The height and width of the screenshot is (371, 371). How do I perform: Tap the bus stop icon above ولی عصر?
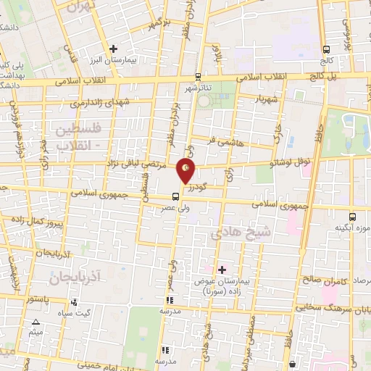177,196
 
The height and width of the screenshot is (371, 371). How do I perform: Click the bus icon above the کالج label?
327,49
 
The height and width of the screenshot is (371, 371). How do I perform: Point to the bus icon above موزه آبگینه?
352,216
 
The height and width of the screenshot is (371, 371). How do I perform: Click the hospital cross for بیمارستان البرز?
113,49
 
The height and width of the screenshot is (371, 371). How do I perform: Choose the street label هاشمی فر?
225,136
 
